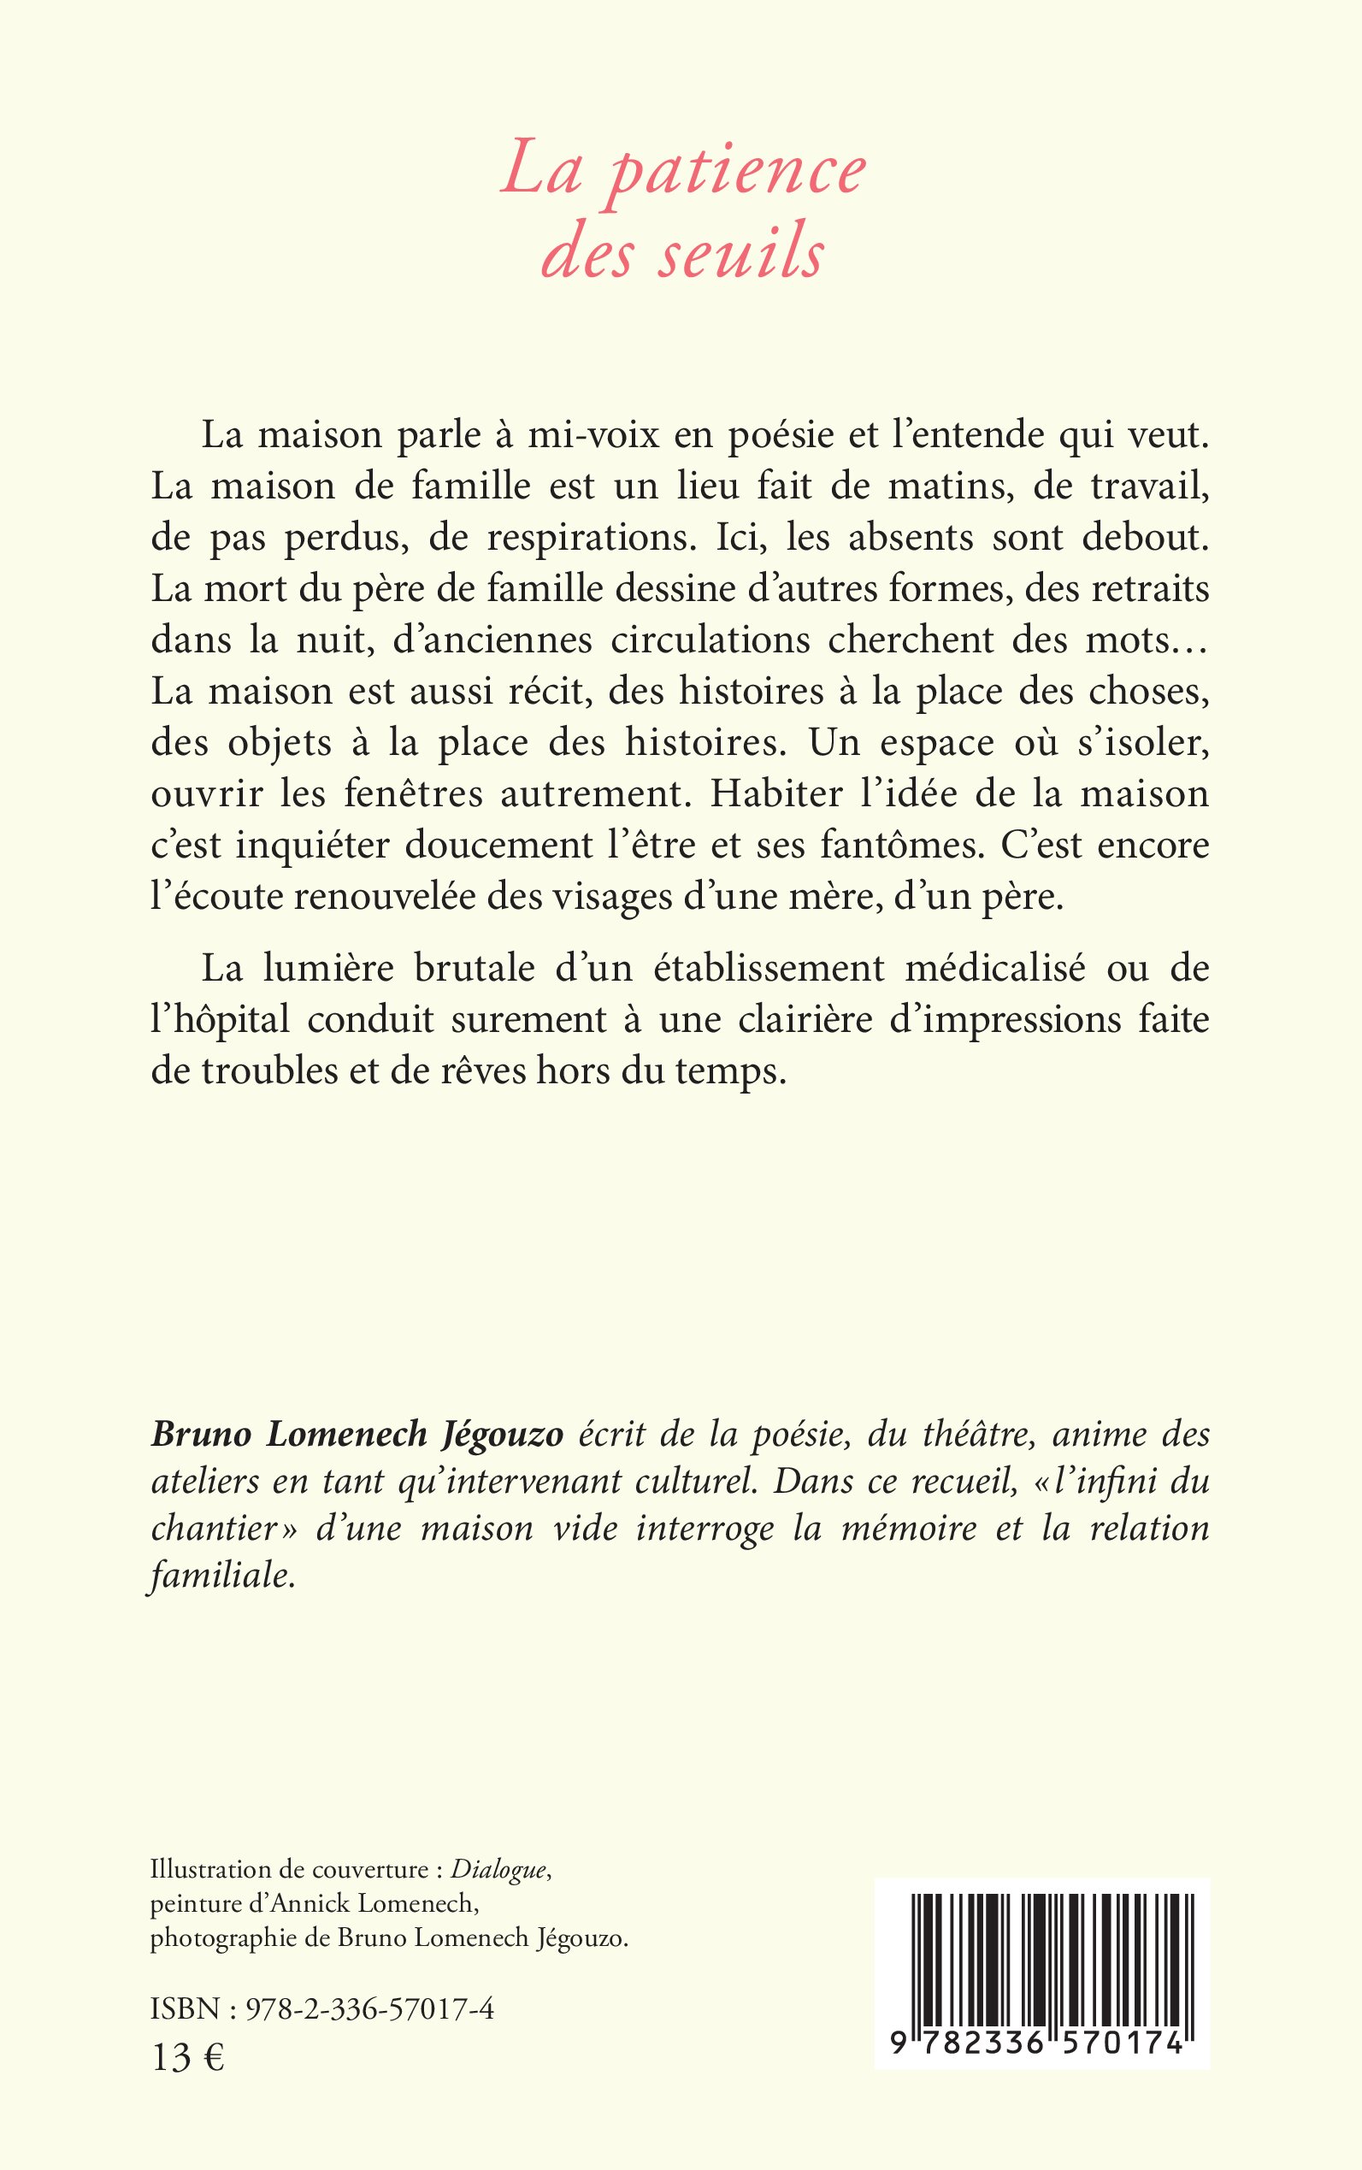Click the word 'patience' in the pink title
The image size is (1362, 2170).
(x=737, y=170)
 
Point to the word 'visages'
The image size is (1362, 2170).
(x=602, y=898)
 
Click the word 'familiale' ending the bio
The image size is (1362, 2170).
(x=221, y=1577)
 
